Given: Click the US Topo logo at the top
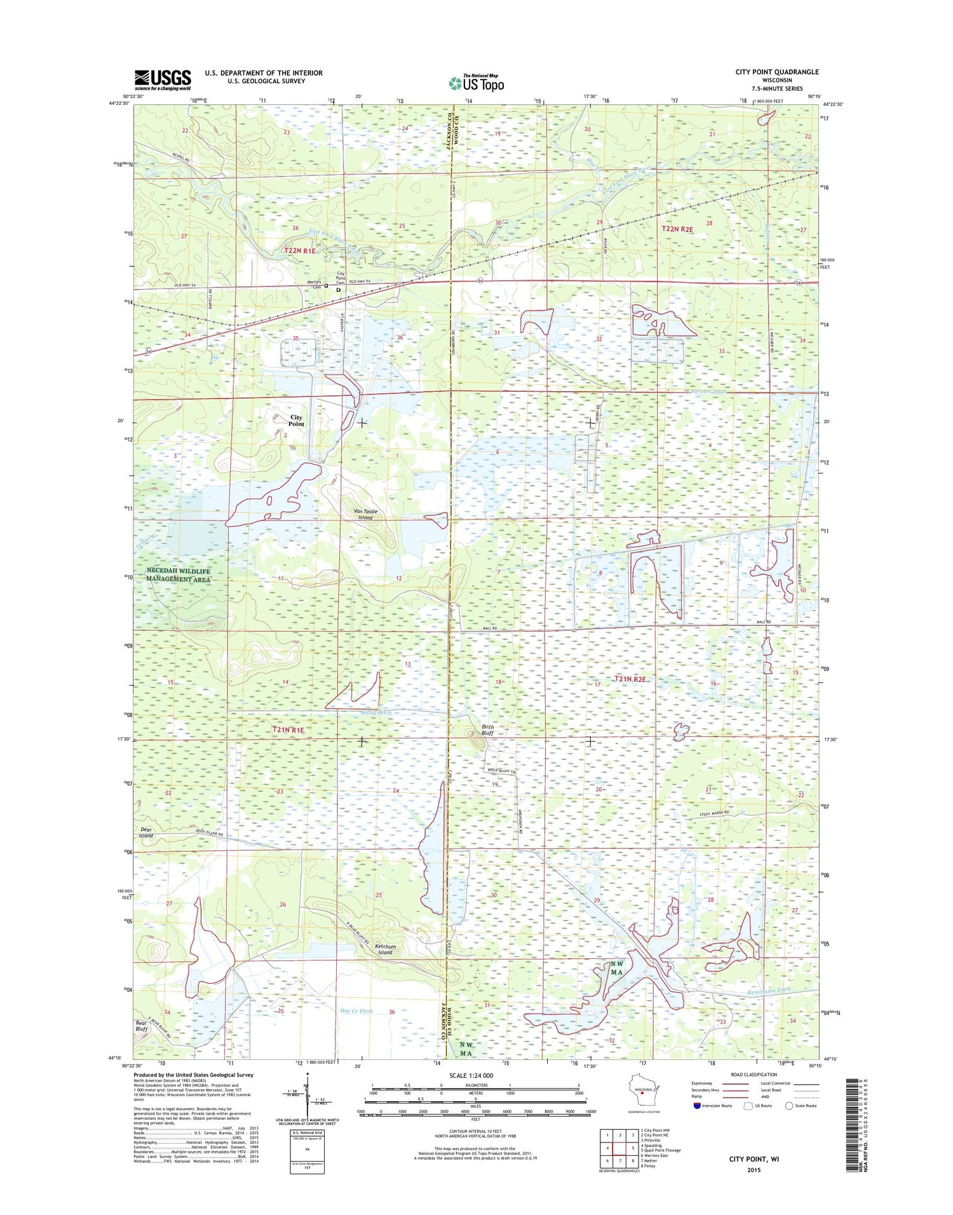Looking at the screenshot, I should [x=476, y=83].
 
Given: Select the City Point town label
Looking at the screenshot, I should [x=296, y=421].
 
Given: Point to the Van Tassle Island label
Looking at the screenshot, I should [x=365, y=514].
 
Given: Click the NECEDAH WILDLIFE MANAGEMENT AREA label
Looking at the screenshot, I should [x=178, y=575].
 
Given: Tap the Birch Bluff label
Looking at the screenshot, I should [x=487, y=730].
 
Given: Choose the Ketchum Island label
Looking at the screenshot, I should [x=385, y=949].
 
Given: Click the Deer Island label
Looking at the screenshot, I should [x=146, y=832].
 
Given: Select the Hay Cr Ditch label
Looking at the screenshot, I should [x=356, y=1010].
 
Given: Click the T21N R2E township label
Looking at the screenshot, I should [x=629, y=679].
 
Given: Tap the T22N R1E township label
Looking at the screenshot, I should [x=300, y=251].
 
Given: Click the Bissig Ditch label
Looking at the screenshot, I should [x=376, y=712].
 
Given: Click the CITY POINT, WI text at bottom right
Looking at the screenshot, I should [x=754, y=1158].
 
